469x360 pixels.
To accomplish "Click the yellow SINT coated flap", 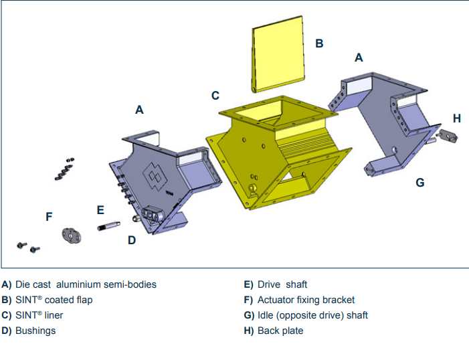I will pyautogui.click(x=278, y=58).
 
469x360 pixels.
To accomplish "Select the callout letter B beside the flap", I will pyautogui.click(x=319, y=43).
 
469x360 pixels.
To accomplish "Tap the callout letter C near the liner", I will pyautogui.click(x=215, y=96).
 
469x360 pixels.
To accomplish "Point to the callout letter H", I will pyautogui.click(x=457, y=118).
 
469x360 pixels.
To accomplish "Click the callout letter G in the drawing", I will pyautogui.click(x=420, y=182).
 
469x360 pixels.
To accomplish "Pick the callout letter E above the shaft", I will pyautogui.click(x=100, y=210).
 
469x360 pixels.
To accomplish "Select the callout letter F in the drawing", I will pyautogui.click(x=49, y=216).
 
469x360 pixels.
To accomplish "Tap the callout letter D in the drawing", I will pyautogui.click(x=132, y=240).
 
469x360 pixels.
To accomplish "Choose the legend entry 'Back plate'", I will pyautogui.click(x=280, y=331).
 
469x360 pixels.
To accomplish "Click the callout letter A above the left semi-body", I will pyautogui.click(x=139, y=110).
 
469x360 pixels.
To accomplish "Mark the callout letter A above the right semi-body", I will pyautogui.click(x=359, y=58).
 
